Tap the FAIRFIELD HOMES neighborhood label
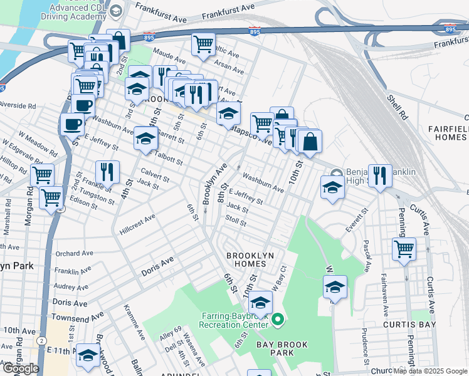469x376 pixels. point(448,132)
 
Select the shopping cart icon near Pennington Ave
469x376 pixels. point(404,248)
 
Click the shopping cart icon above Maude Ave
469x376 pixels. point(203,44)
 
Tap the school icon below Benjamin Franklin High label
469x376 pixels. point(332,187)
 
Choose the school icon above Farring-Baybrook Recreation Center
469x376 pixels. point(260,304)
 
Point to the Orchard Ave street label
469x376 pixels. point(73,254)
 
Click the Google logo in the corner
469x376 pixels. point(21,368)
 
